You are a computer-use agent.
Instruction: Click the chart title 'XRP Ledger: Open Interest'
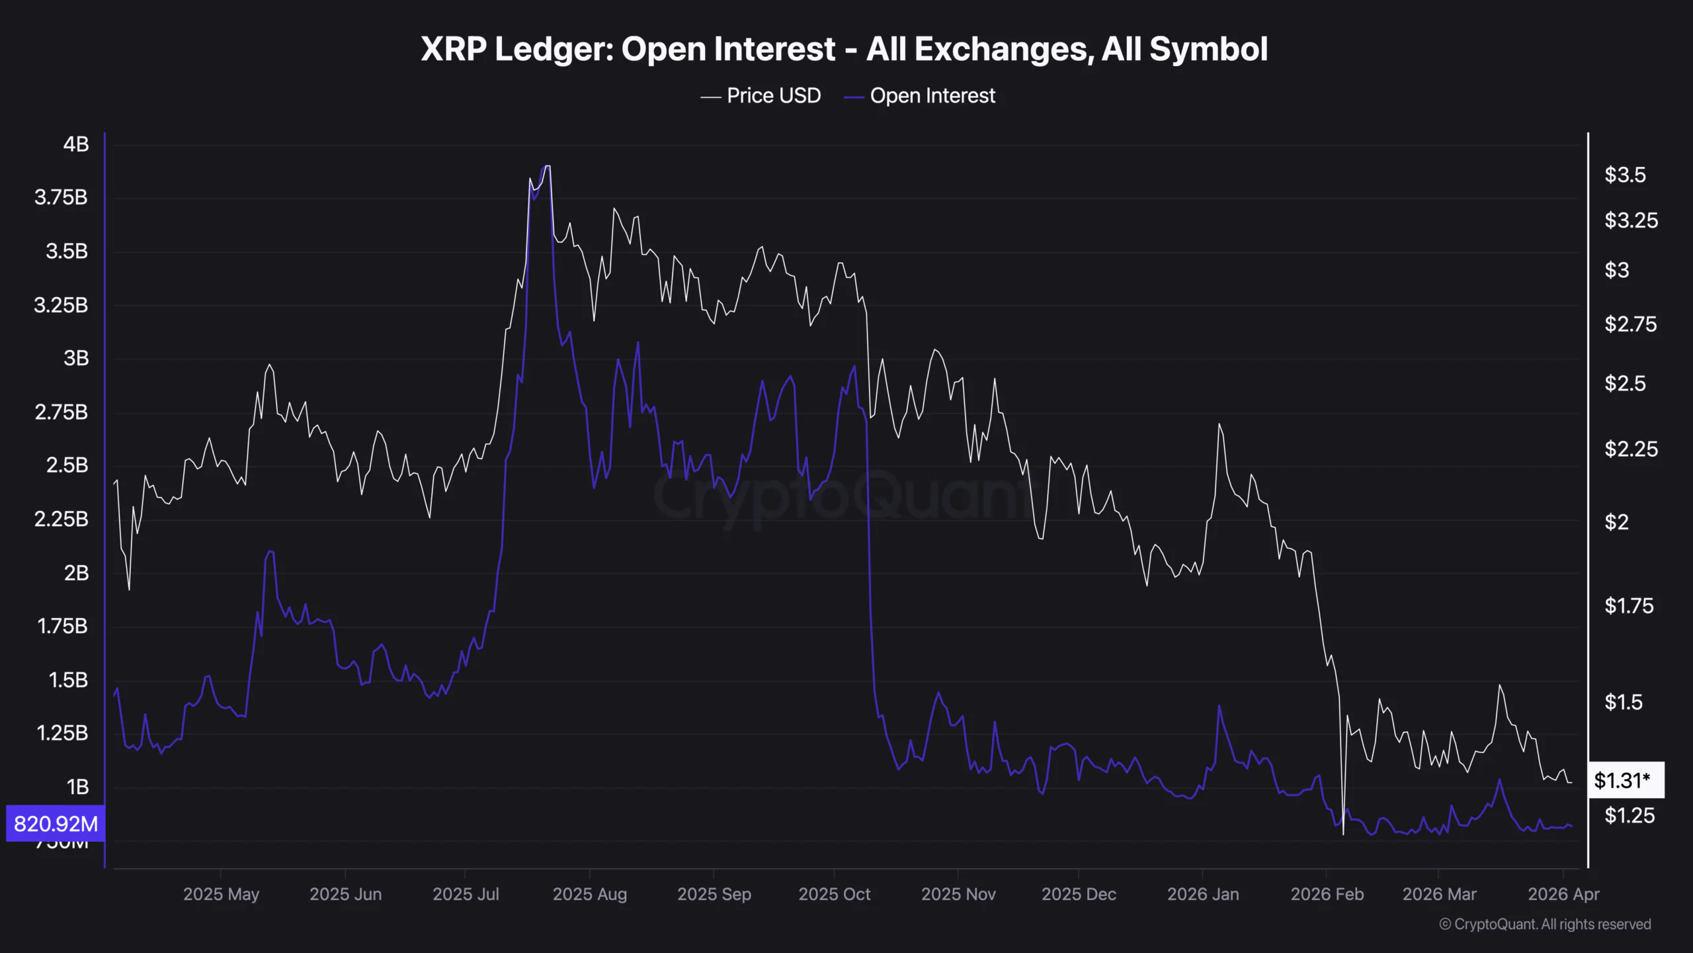pyautogui.click(x=844, y=49)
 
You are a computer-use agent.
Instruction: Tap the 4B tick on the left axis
pyautogui.click(x=76, y=144)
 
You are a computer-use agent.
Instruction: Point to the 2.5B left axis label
pyautogui.click(x=67, y=465)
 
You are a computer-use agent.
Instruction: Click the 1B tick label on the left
pyautogui.click(x=77, y=787)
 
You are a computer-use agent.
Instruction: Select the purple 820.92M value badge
pyautogui.click(x=56, y=824)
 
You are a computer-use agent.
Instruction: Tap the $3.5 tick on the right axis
pyautogui.click(x=1625, y=175)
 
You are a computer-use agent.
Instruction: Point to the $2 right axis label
pyautogui.click(x=1616, y=522)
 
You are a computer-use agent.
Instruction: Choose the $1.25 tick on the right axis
pyautogui.click(x=1629, y=815)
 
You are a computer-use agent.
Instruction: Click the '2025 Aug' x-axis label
pyautogui.click(x=589, y=894)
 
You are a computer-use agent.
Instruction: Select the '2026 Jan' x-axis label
pyautogui.click(x=1202, y=894)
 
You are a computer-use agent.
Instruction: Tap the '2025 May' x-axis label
pyautogui.click(x=221, y=894)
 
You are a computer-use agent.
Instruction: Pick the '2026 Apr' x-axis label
pyautogui.click(x=1563, y=894)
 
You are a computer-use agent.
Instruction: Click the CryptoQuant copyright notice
pyautogui.click(x=1544, y=925)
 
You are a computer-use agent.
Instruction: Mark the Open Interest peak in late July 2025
pyautogui.click(x=546, y=167)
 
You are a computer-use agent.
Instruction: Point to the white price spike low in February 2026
pyautogui.click(x=1343, y=834)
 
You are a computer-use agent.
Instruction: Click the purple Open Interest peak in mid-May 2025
pyautogui.click(x=270, y=551)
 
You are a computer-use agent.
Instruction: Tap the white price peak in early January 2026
pyautogui.click(x=1219, y=424)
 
